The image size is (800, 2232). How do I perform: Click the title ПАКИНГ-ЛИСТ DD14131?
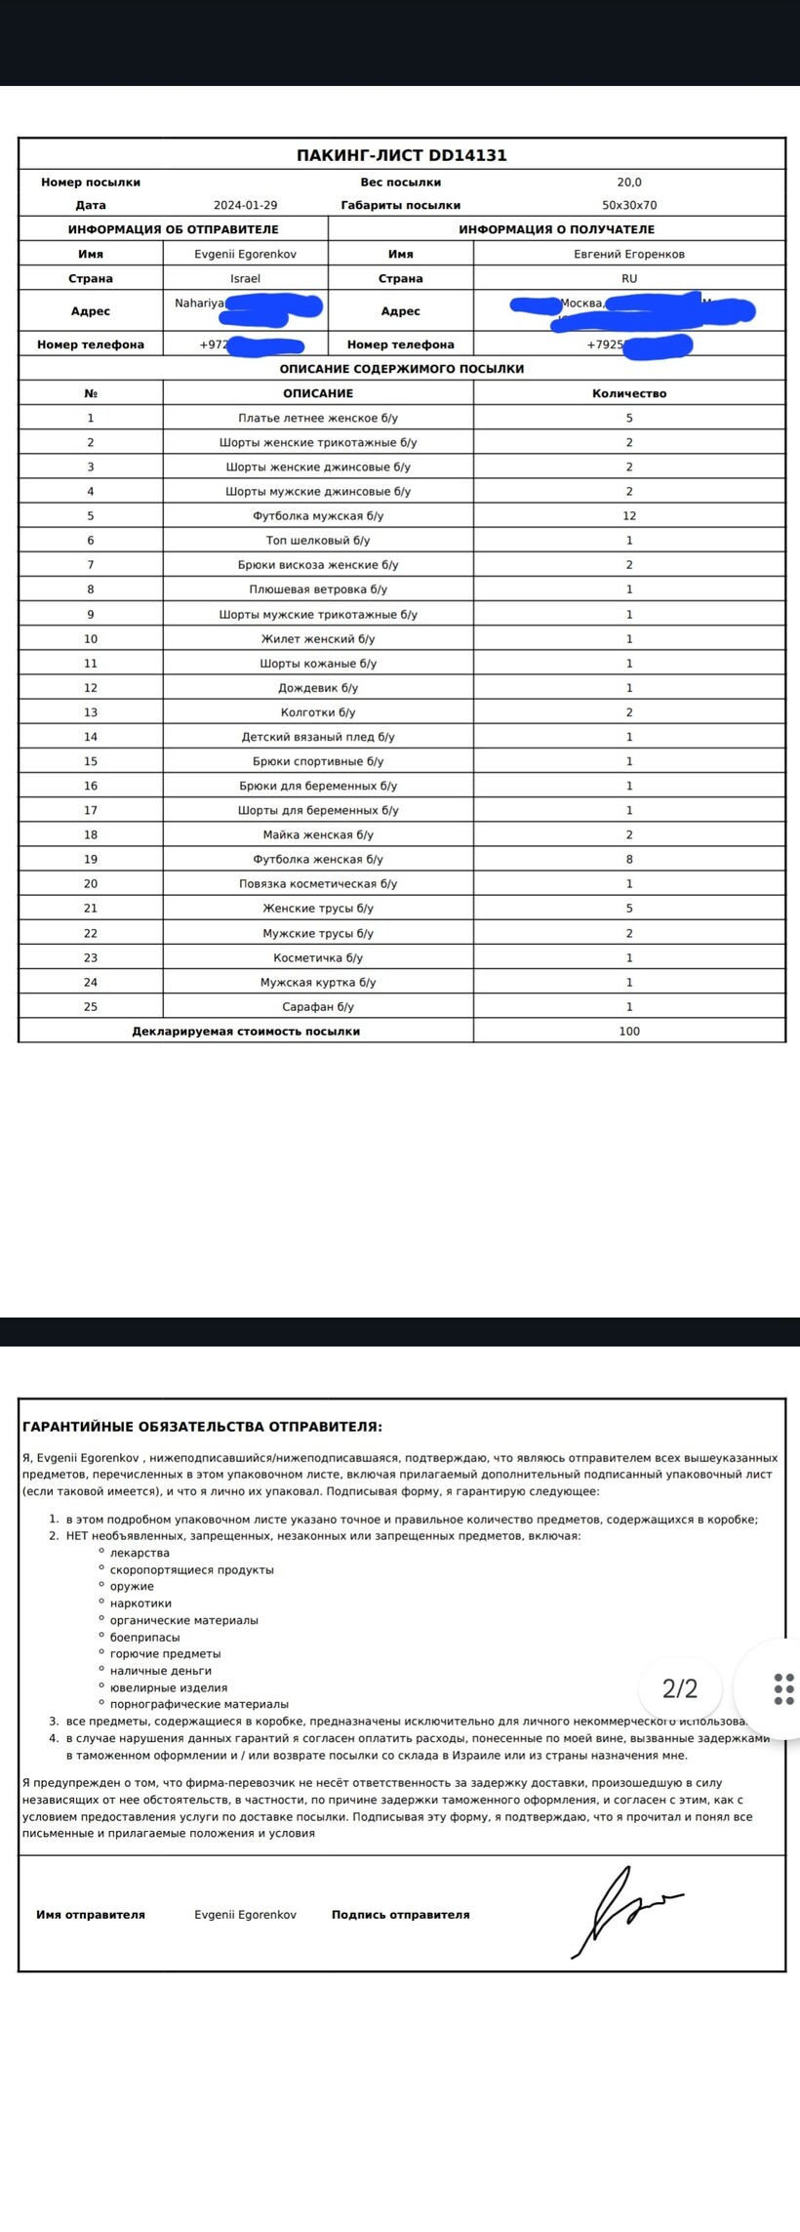click(401, 155)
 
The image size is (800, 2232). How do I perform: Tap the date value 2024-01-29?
click(245, 205)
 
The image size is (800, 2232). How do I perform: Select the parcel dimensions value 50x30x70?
click(629, 205)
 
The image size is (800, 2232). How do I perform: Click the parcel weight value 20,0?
click(629, 182)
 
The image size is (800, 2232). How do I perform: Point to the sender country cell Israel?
click(245, 278)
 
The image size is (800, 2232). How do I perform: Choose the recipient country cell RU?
click(629, 278)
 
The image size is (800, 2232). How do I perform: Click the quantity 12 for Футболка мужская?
click(629, 515)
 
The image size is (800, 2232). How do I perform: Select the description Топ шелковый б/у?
click(318, 540)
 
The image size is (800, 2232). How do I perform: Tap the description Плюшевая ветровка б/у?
click(318, 588)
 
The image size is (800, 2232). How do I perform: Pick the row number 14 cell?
click(91, 737)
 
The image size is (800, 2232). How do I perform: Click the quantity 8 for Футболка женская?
click(629, 859)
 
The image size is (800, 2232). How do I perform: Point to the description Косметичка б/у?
click(318, 957)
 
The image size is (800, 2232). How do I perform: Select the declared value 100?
click(629, 1031)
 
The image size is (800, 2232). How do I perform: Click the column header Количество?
click(629, 393)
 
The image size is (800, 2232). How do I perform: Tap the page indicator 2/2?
click(680, 1688)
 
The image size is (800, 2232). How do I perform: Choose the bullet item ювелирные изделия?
click(169, 1687)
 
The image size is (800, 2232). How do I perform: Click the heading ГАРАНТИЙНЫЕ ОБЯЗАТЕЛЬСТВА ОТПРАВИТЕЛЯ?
click(202, 1426)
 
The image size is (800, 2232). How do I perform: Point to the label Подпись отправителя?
click(400, 1915)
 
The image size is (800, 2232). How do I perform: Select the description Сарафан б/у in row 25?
click(318, 1006)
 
